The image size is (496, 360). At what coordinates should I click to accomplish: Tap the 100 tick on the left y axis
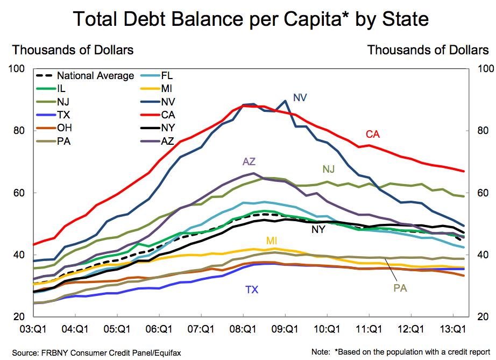[x=17, y=69]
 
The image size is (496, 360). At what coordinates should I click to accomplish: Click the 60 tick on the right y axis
[x=479, y=193]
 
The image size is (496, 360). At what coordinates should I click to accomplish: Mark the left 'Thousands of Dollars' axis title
[x=73, y=50]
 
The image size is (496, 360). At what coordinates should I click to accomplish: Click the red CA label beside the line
[x=373, y=134]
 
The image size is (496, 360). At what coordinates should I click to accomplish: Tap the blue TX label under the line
[x=252, y=290]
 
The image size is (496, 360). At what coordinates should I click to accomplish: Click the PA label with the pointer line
[x=400, y=288]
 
